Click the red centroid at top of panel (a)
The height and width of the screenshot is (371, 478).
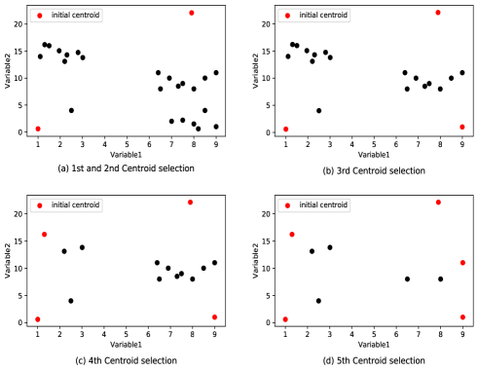tap(192, 13)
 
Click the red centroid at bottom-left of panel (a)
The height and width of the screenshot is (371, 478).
tap(38, 129)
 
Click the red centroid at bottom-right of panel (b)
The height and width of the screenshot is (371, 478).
tap(462, 127)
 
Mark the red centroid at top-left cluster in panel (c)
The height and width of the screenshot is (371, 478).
tap(44, 234)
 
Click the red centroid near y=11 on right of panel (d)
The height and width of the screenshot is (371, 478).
tap(462, 263)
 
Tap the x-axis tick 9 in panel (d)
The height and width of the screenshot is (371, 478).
tap(462, 334)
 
